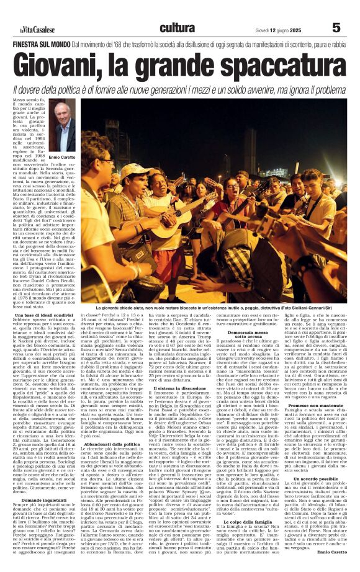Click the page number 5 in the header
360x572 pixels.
[336, 28]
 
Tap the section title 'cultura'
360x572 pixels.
[177, 28]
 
